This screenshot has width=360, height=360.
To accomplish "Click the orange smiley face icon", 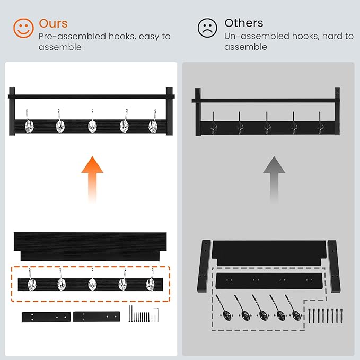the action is [x=23, y=28].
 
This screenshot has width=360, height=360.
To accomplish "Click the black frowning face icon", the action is [x=207, y=28].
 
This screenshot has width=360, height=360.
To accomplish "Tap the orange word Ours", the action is [x=53, y=23].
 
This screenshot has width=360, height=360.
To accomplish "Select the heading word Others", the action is [x=244, y=23].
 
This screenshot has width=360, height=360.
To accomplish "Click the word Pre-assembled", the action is [x=72, y=37].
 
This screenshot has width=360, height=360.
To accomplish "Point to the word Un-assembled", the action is [x=258, y=36].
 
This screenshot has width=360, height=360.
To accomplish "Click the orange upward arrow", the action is [x=92, y=180].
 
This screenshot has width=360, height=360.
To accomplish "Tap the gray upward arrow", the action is [x=274, y=180].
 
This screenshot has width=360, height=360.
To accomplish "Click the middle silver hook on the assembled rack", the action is [x=92, y=122].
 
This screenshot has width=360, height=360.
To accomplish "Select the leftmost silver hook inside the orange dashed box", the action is [x=31, y=280].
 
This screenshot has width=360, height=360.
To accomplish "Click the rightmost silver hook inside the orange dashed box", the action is [x=151, y=280].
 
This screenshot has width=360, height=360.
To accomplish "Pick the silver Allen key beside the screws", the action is [x=156, y=314].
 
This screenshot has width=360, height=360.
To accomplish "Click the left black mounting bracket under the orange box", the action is [x=46, y=317].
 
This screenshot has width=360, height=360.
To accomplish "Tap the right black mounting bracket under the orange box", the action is [x=96, y=317].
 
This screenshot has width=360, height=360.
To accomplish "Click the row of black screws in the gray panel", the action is [x=326, y=315].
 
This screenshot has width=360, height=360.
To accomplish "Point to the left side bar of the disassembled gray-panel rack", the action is [x=204, y=266].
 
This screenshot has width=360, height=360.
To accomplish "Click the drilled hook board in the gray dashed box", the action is [x=269, y=281].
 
